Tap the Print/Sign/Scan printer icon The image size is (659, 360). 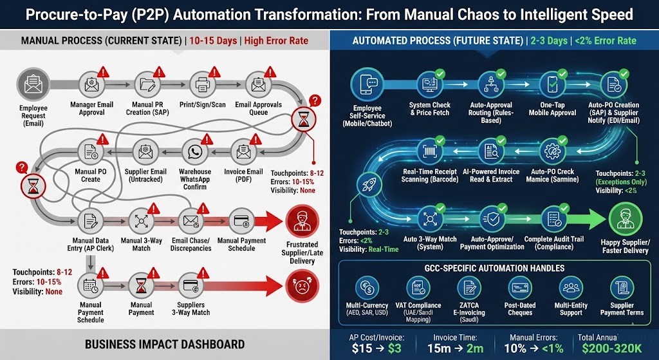[x=201, y=84]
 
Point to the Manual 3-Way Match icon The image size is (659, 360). [x=140, y=221]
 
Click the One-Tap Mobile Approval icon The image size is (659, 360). [x=552, y=84]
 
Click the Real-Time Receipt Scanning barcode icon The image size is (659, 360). [x=431, y=152]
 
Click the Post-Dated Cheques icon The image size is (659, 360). [x=520, y=288]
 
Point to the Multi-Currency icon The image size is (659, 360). [x=367, y=288]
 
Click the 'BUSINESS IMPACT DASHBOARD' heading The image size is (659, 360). [x=165, y=344]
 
